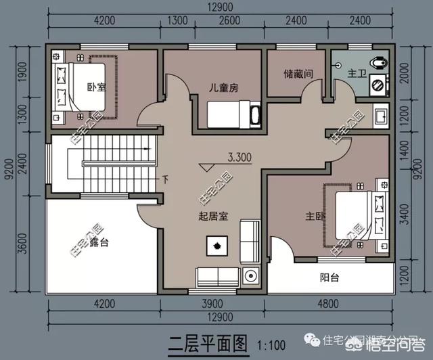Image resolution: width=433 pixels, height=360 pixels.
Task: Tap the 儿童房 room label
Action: click(223, 87)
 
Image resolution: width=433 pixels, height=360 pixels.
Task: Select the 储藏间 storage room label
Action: click(298, 74)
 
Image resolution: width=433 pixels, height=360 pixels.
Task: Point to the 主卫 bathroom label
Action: click(357, 72)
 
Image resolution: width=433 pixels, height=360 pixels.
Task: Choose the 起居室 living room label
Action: click(213, 217)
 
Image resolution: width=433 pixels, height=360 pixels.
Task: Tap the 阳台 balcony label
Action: click(329, 277)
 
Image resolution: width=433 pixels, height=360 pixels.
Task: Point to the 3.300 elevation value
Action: click(240, 157)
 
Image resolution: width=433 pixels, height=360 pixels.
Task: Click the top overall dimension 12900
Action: click(218, 6)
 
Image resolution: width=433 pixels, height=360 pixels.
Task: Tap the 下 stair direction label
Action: click(164, 180)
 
